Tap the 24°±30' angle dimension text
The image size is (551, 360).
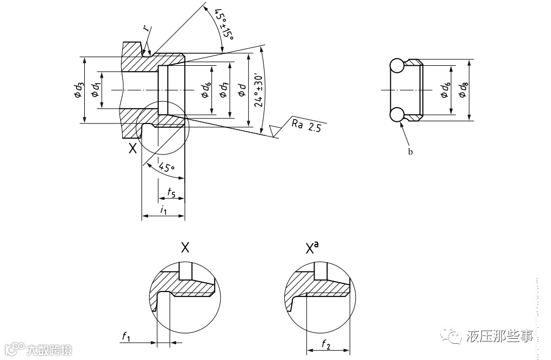pos(259,91)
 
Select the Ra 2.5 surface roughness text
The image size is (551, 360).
pos(306,126)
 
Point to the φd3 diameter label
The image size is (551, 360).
pos(79,90)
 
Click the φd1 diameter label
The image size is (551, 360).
pos(96,89)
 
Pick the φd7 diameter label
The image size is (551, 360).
pos(223,90)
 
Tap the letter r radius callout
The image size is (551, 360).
pos(146,28)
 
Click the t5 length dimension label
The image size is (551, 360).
pos(171,193)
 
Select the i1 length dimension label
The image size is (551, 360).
pos(164,210)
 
